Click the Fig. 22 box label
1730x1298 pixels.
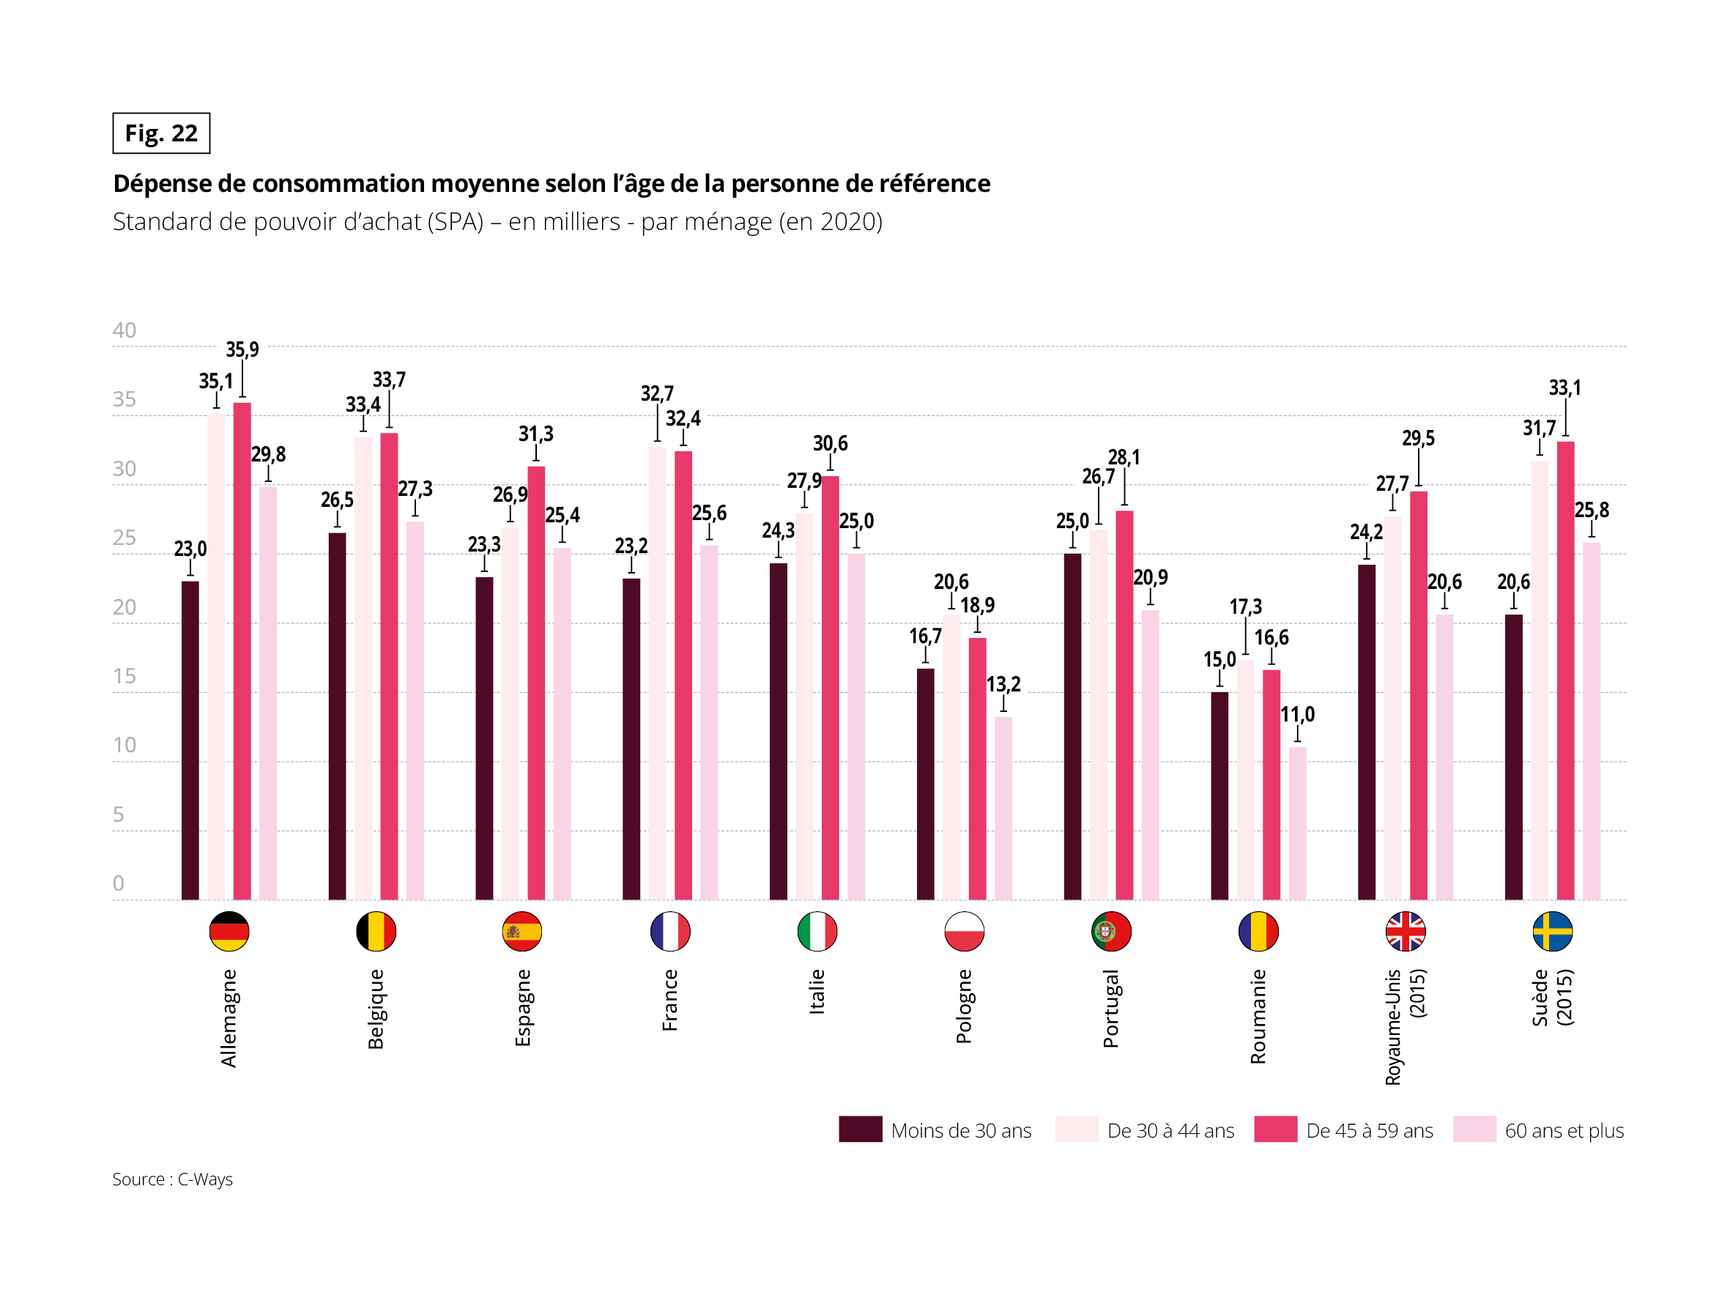(x=161, y=133)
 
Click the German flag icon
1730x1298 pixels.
(x=229, y=931)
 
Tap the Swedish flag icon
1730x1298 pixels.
(x=1552, y=931)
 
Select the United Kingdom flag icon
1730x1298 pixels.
(x=1405, y=931)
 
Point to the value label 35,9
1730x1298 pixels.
(x=242, y=349)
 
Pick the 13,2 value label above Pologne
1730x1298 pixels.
(x=1003, y=685)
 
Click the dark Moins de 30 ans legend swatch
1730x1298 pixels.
(x=861, y=1129)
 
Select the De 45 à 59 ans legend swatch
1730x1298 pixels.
(x=1275, y=1129)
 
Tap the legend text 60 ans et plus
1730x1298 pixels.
(x=1564, y=1130)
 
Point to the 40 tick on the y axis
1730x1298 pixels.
(x=125, y=330)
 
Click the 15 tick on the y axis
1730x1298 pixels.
(x=125, y=676)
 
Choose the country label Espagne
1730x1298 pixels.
(x=522, y=1007)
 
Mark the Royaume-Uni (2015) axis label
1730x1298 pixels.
(x=1405, y=1026)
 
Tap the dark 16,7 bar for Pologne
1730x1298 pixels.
(x=925, y=783)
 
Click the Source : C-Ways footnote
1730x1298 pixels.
(x=172, y=1179)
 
